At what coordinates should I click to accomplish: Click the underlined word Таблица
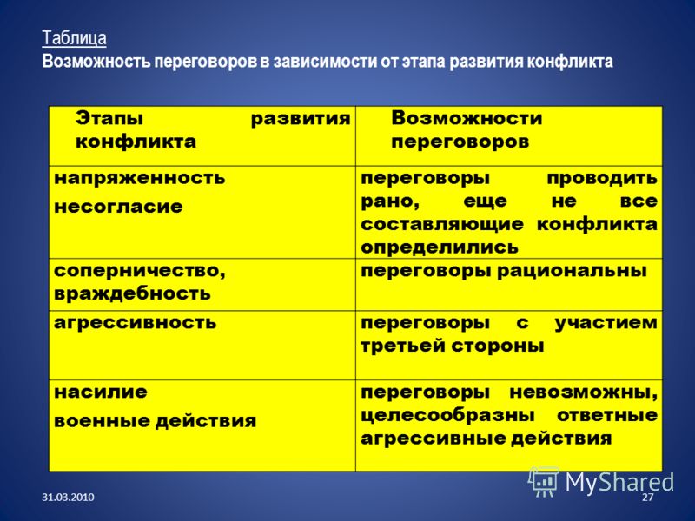click(x=74, y=38)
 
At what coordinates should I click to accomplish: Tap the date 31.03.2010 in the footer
click(x=68, y=497)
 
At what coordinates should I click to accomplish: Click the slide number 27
click(x=647, y=497)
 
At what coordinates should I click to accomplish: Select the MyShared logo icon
click(x=544, y=481)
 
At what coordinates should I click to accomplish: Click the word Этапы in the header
click(x=109, y=119)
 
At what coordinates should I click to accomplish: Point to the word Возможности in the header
click(x=467, y=118)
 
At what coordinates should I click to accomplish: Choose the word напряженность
click(x=139, y=179)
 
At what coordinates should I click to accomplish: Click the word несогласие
click(x=118, y=207)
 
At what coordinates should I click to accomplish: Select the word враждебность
click(x=132, y=293)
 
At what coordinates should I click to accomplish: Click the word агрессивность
click(x=135, y=323)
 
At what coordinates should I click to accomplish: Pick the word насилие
click(x=100, y=392)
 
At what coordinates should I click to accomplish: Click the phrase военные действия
click(x=156, y=421)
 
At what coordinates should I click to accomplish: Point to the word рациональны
click(x=572, y=271)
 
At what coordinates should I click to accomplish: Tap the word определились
click(x=440, y=247)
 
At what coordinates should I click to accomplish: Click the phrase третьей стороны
click(x=452, y=346)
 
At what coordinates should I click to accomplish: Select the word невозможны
click(x=583, y=392)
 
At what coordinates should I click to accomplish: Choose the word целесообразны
click(x=447, y=416)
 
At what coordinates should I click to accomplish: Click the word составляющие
click(x=442, y=225)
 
